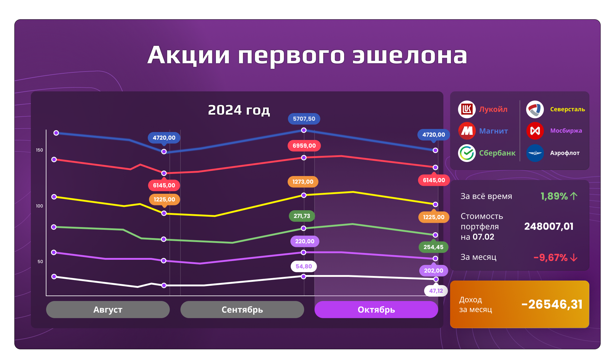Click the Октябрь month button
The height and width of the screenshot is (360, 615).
pos(376,310)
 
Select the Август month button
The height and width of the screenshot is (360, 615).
pos(108,310)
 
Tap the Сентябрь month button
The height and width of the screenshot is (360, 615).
pos(242,310)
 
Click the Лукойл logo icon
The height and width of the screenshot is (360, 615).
pos(467,109)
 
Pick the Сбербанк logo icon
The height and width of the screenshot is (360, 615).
pos(467,153)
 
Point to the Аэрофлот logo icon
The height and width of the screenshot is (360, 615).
pos(535,153)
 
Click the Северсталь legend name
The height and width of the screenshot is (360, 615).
pos(567,109)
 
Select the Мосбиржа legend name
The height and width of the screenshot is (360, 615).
pos(566,130)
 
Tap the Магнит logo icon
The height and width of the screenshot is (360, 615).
pos(467,131)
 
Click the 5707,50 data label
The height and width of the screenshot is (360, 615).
pos(304,119)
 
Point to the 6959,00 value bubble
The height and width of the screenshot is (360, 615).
pos(304,146)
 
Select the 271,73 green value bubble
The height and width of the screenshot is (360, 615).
pos(302,216)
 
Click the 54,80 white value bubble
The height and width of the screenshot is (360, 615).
pos(304,266)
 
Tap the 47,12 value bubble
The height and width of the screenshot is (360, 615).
pos(436,291)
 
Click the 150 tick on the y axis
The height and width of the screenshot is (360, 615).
pos(39,150)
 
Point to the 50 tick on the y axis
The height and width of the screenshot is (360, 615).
pos(40,262)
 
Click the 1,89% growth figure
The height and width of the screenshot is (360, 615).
pos(554,196)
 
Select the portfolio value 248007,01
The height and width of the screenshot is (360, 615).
pos(549,226)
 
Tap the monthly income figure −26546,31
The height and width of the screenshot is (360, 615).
pos(552,304)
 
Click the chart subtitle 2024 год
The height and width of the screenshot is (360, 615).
pos(239,110)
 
